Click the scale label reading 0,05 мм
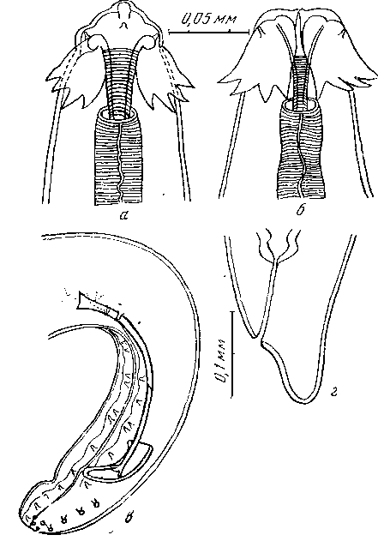208,20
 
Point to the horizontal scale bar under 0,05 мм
208,33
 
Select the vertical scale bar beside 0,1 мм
232,354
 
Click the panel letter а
123,216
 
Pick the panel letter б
300,209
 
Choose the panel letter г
333,393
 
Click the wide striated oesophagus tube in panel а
118,156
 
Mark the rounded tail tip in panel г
303,400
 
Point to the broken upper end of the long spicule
82,299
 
